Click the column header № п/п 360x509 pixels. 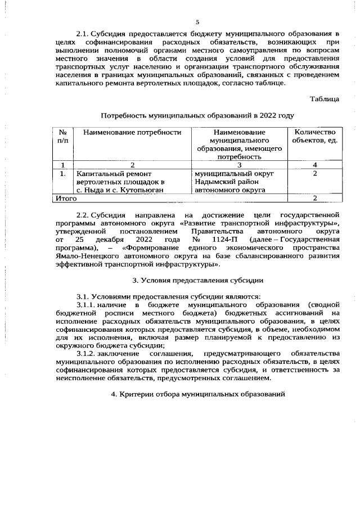tap(62, 137)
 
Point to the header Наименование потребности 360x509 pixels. tap(132, 133)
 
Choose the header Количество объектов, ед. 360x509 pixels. tap(315, 137)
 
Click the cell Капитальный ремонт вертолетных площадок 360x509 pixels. tap(120, 182)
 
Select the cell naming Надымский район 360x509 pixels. tap(227, 182)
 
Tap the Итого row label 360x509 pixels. tap(65, 199)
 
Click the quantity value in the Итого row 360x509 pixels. tap(315, 199)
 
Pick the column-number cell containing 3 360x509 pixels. tap(239, 165)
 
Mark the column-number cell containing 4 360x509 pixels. tap(315, 165)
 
